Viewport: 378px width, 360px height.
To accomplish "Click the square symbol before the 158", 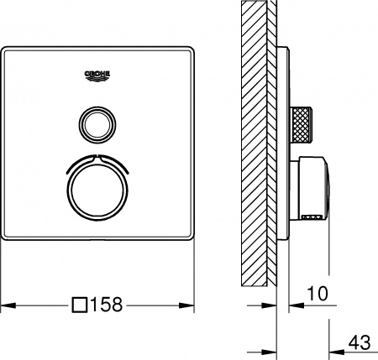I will [81, 305].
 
